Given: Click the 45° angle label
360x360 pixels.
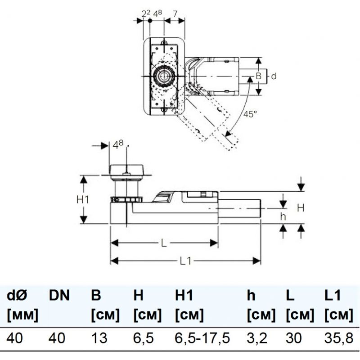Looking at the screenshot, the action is pyautogui.click(x=250, y=114).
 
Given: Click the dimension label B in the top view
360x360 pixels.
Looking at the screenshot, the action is pyautogui.click(x=258, y=76).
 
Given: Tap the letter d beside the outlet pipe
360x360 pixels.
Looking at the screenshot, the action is pyautogui.click(x=274, y=76).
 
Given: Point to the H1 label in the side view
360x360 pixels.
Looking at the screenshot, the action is pyautogui.click(x=83, y=199).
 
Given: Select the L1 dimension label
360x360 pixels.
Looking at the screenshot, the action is pyautogui.click(x=185, y=261).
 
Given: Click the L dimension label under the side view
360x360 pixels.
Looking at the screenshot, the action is pyautogui.click(x=164, y=243).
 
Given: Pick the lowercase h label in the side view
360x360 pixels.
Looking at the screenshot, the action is pyautogui.click(x=283, y=216).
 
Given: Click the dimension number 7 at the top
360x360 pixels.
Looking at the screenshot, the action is pyautogui.click(x=175, y=14).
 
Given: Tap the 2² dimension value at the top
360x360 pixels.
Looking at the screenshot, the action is pyautogui.click(x=146, y=14).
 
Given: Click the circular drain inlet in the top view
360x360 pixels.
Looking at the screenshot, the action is pyautogui.click(x=164, y=76).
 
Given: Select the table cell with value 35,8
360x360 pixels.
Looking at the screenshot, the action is pyautogui.click(x=339, y=338).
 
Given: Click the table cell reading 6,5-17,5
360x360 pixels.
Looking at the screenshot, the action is pyautogui.click(x=202, y=338).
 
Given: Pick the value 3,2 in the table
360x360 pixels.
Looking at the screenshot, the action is pyautogui.click(x=257, y=338).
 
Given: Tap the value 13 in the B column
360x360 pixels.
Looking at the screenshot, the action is pyautogui.click(x=99, y=338).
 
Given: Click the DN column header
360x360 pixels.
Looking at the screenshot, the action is pyautogui.click(x=59, y=295).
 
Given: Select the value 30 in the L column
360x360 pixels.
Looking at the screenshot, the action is pyautogui.click(x=294, y=338).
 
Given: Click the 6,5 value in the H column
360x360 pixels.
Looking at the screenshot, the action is pyautogui.click(x=143, y=338).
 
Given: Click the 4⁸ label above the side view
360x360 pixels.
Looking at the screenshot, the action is pyautogui.click(x=118, y=145).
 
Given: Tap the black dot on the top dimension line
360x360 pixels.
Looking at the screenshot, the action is pyautogui.click(x=150, y=21).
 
